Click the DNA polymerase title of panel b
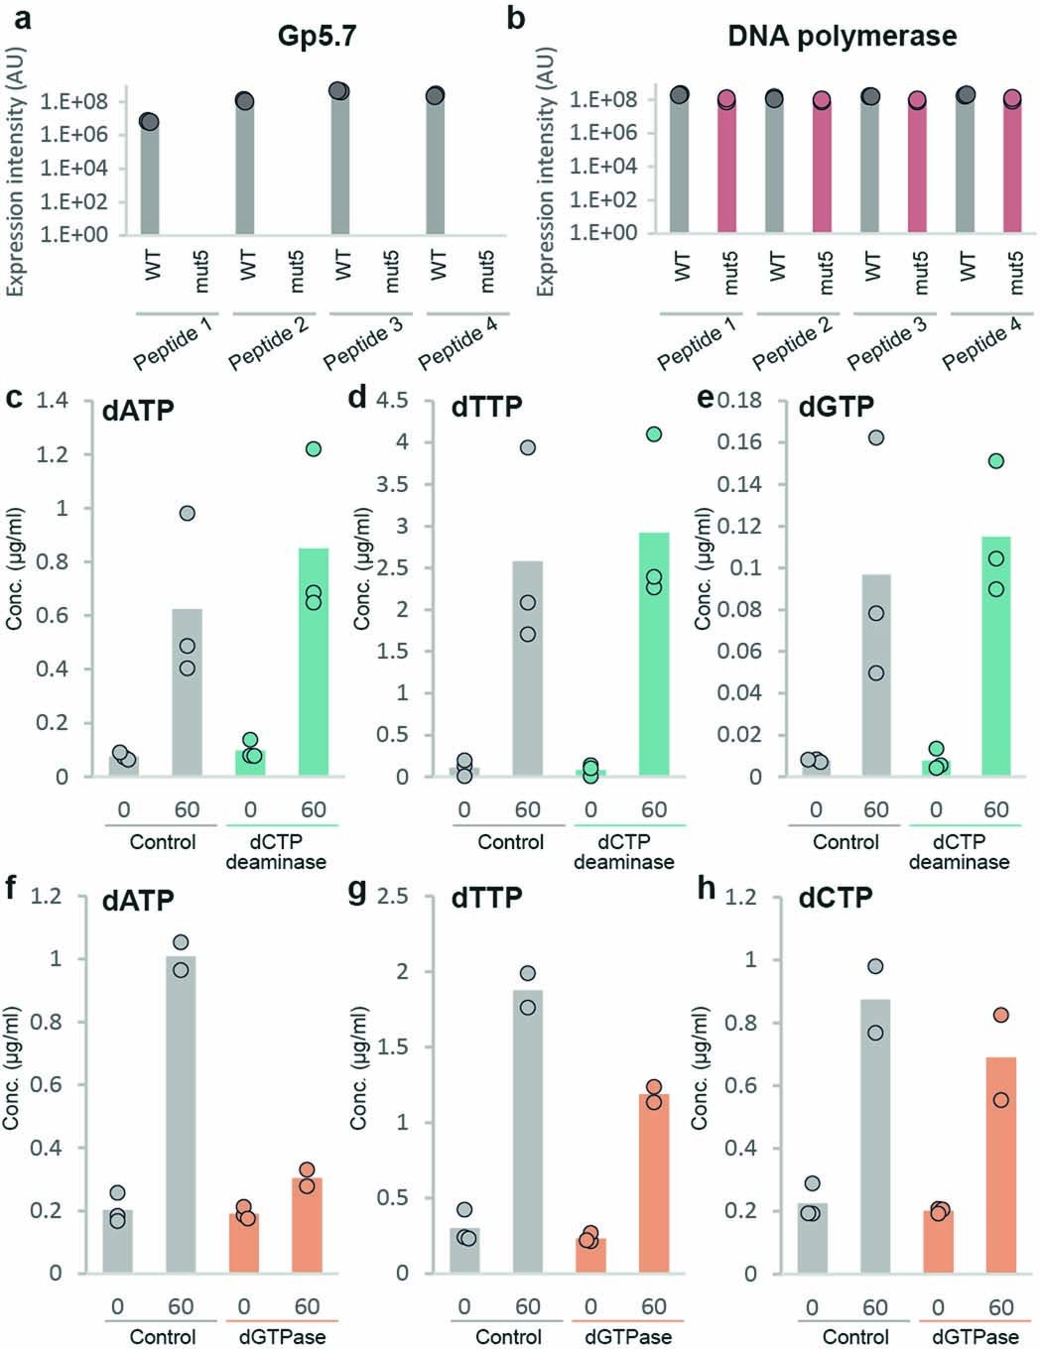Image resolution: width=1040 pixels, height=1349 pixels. tap(842, 37)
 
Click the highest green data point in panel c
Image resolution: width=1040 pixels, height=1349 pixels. tap(314, 449)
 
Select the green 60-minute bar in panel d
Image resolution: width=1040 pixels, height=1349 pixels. tap(653, 654)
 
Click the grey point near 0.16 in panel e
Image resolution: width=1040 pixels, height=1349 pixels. tap(875, 437)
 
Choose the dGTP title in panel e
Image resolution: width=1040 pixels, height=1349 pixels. tap(836, 407)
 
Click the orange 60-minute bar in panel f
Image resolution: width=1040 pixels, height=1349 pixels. tap(307, 1225)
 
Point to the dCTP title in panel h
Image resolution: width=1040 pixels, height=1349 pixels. tap(836, 899)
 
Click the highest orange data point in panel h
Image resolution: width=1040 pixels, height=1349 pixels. tap(1001, 1015)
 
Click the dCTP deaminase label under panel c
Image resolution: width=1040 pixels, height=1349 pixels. tap(275, 852)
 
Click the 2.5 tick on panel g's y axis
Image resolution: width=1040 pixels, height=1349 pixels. tap(393, 896)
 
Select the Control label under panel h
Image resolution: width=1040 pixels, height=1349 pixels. tap(857, 1337)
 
